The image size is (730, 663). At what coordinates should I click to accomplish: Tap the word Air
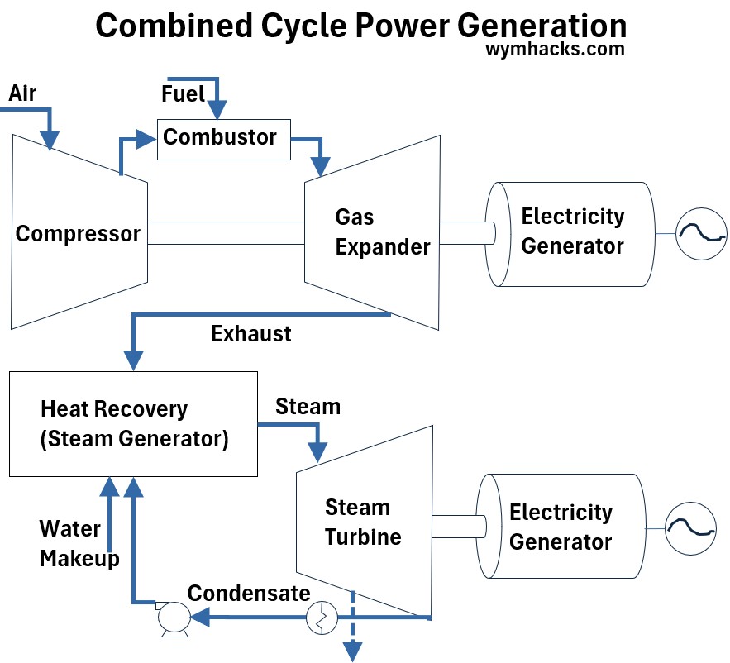[x=22, y=93]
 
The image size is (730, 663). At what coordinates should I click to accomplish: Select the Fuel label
[x=182, y=94]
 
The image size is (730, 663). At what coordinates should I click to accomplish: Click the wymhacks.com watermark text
[x=555, y=49]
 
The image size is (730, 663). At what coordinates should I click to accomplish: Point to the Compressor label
[x=78, y=233]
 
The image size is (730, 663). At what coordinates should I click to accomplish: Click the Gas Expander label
[x=382, y=232]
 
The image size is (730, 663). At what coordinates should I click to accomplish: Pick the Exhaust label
[x=251, y=334]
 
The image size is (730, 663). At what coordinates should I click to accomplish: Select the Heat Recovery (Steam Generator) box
[x=133, y=423]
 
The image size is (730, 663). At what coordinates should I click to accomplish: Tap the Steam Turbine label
[x=363, y=522]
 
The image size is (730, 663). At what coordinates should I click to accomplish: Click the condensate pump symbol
[x=174, y=617]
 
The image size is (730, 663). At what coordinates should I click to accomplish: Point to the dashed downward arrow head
[x=354, y=652]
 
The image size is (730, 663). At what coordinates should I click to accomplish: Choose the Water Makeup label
[x=79, y=543]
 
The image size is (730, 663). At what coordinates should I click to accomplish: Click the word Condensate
[x=249, y=593]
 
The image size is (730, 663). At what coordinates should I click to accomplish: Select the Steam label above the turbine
[x=308, y=407]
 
